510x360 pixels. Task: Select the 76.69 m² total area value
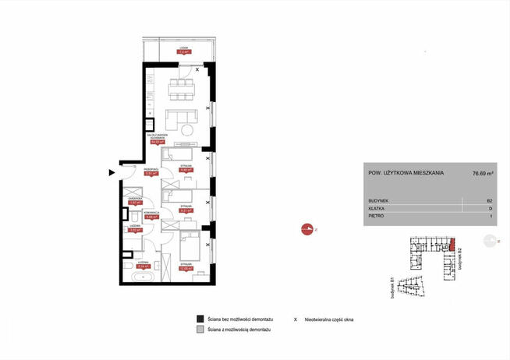click(485, 173)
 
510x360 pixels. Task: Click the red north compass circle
click(304, 229)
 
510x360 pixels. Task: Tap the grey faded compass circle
click(492, 242)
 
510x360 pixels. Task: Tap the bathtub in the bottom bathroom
click(144, 277)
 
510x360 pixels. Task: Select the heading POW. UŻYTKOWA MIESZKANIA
click(405, 173)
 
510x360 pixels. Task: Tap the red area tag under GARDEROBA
click(134, 203)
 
